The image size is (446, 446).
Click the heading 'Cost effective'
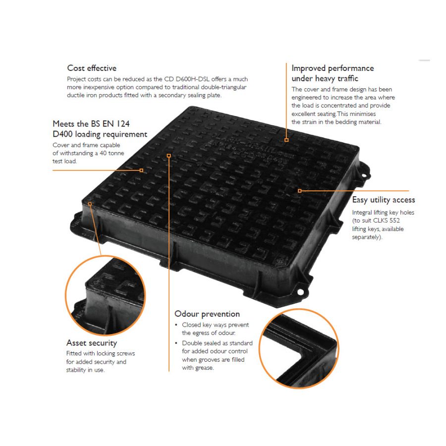click(92, 68)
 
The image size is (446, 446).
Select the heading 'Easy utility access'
click(384, 200)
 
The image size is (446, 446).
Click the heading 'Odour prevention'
click(207, 314)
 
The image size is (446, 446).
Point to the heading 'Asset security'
click(92, 343)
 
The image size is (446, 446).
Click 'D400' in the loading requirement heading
click(62, 134)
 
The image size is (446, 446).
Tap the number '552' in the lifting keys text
click(394, 221)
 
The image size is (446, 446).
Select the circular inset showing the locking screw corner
click(105, 296)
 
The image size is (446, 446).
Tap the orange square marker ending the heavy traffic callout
click(286, 140)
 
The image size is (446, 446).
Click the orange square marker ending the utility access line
click(299, 191)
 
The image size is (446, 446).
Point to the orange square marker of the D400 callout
click(141, 170)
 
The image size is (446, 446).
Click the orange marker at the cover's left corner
click(90, 204)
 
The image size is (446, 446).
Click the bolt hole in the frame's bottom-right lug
click(300, 292)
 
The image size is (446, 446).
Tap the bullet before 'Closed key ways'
click(176, 325)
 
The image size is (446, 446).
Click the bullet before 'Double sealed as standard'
click(176, 343)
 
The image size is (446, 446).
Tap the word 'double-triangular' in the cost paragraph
click(223, 87)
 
